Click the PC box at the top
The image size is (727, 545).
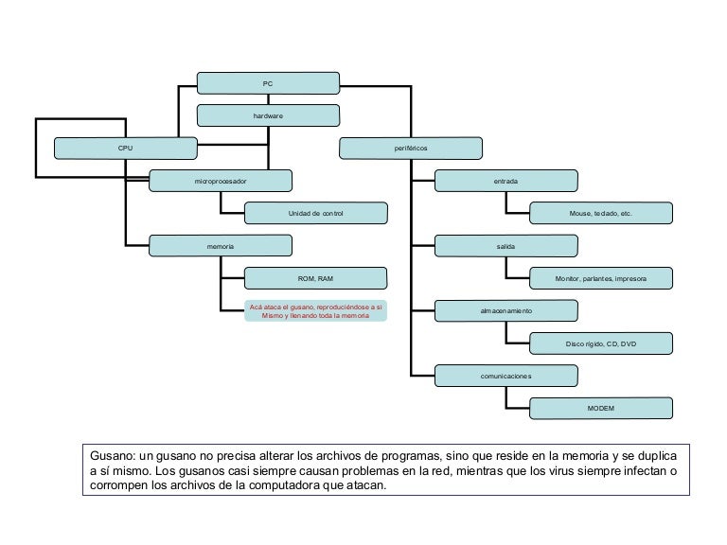coord(268,83)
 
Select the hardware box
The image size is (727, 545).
coord(268,115)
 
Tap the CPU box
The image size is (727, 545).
coord(126,149)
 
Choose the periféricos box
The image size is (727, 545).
coord(411,149)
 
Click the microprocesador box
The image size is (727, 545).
coord(221,181)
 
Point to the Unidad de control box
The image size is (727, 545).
coord(315,214)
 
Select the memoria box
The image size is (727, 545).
coord(221,246)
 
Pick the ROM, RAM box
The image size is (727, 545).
coord(315,278)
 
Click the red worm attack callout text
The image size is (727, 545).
coord(315,311)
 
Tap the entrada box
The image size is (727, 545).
coord(506,181)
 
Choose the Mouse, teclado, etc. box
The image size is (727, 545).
coord(601,214)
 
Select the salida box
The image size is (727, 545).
coord(506,246)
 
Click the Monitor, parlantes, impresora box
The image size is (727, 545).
coord(601,278)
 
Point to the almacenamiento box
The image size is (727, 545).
coord(506,311)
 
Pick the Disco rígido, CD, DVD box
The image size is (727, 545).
coord(601,343)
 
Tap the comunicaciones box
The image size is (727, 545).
coord(506,376)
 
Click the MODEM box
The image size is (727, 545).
coord(601,408)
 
